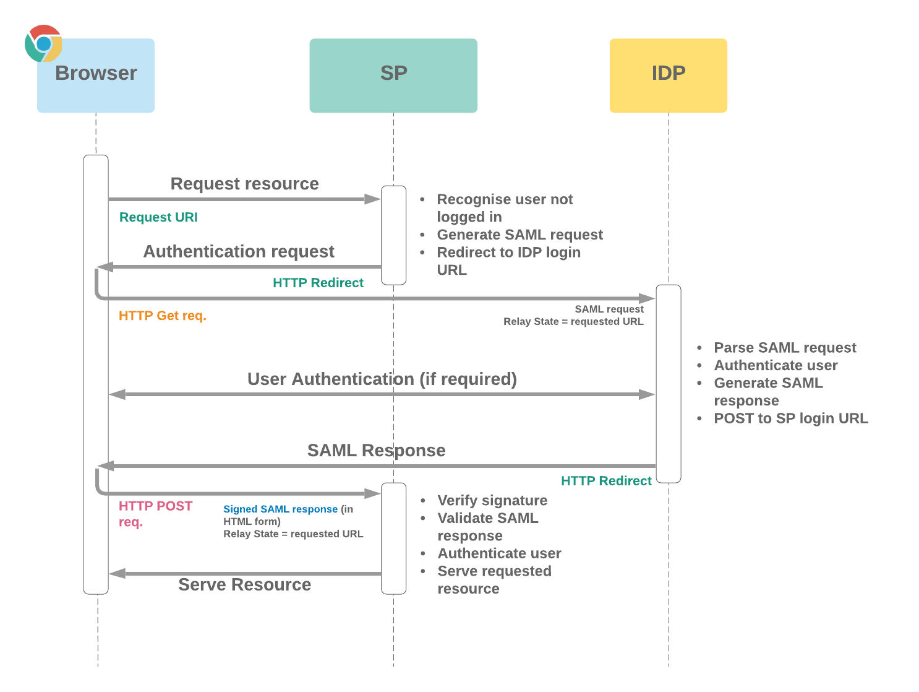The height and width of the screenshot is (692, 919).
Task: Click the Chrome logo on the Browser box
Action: [x=43, y=43]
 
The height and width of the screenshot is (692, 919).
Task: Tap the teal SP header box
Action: [x=393, y=76]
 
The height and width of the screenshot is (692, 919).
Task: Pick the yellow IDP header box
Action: [x=668, y=76]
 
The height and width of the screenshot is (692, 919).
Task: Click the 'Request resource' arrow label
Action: [x=244, y=184]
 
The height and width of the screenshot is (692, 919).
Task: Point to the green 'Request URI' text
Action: [x=158, y=217]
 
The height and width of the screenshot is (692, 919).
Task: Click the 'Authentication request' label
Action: [x=239, y=251]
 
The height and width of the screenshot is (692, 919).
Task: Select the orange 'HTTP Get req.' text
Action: [x=162, y=316]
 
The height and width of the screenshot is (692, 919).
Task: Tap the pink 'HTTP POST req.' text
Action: [x=155, y=513]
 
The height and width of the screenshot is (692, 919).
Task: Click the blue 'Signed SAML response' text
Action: [x=280, y=509]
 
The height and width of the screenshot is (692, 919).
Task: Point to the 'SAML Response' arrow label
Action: [x=376, y=450]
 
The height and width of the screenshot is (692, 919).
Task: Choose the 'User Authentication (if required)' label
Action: [x=382, y=379]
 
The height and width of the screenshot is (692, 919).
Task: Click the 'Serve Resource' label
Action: [x=244, y=584]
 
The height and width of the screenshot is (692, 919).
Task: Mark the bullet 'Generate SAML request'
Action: [x=519, y=235]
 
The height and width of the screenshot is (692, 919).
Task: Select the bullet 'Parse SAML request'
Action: [x=785, y=348]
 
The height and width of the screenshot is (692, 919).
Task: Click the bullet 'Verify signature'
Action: [x=492, y=500]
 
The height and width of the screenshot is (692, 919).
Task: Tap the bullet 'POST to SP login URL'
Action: [x=790, y=418]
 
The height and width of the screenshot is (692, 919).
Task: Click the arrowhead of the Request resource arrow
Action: [x=373, y=199]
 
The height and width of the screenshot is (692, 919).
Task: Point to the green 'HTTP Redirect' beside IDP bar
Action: [x=605, y=481]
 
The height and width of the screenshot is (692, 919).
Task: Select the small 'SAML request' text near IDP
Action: [x=609, y=309]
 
